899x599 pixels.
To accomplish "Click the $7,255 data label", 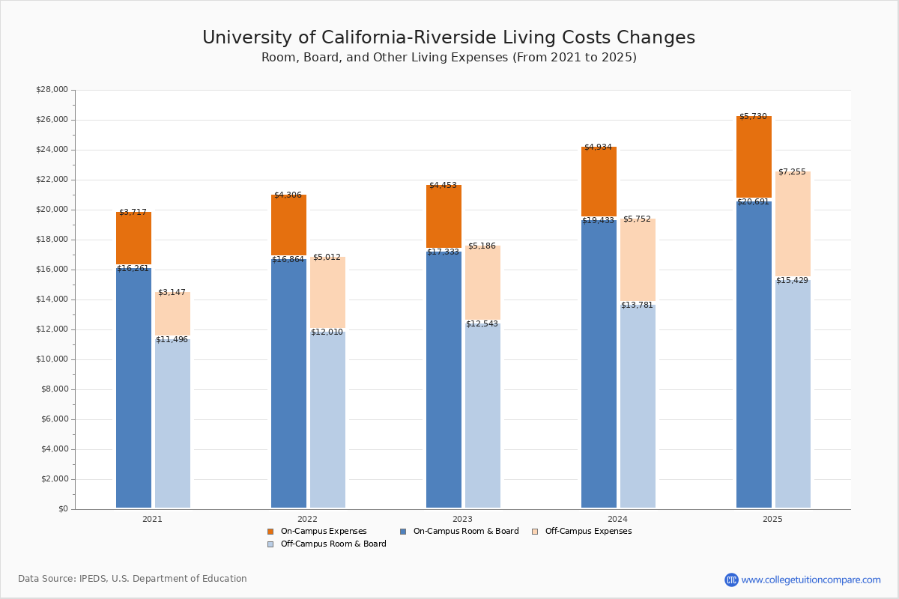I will coord(792,172).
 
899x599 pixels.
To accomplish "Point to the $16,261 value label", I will coord(133,268).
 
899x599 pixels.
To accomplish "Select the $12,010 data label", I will coord(327,332).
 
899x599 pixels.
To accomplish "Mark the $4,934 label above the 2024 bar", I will coord(598,148).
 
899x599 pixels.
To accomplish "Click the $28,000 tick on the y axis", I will coord(52,90).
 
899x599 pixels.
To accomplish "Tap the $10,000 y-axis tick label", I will coord(52,359).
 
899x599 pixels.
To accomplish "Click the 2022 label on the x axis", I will coord(307,519).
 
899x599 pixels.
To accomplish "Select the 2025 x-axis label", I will coord(772,519).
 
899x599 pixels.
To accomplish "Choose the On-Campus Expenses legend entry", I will coord(323,532).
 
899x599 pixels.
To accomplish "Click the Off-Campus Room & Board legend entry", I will coord(333,544).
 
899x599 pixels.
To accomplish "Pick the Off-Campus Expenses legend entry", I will coord(587,532).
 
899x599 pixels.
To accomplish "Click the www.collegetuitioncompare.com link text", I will coord(811,580).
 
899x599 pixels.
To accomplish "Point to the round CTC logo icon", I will coord(731,580).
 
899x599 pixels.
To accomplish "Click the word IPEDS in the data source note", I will coord(94,579).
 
